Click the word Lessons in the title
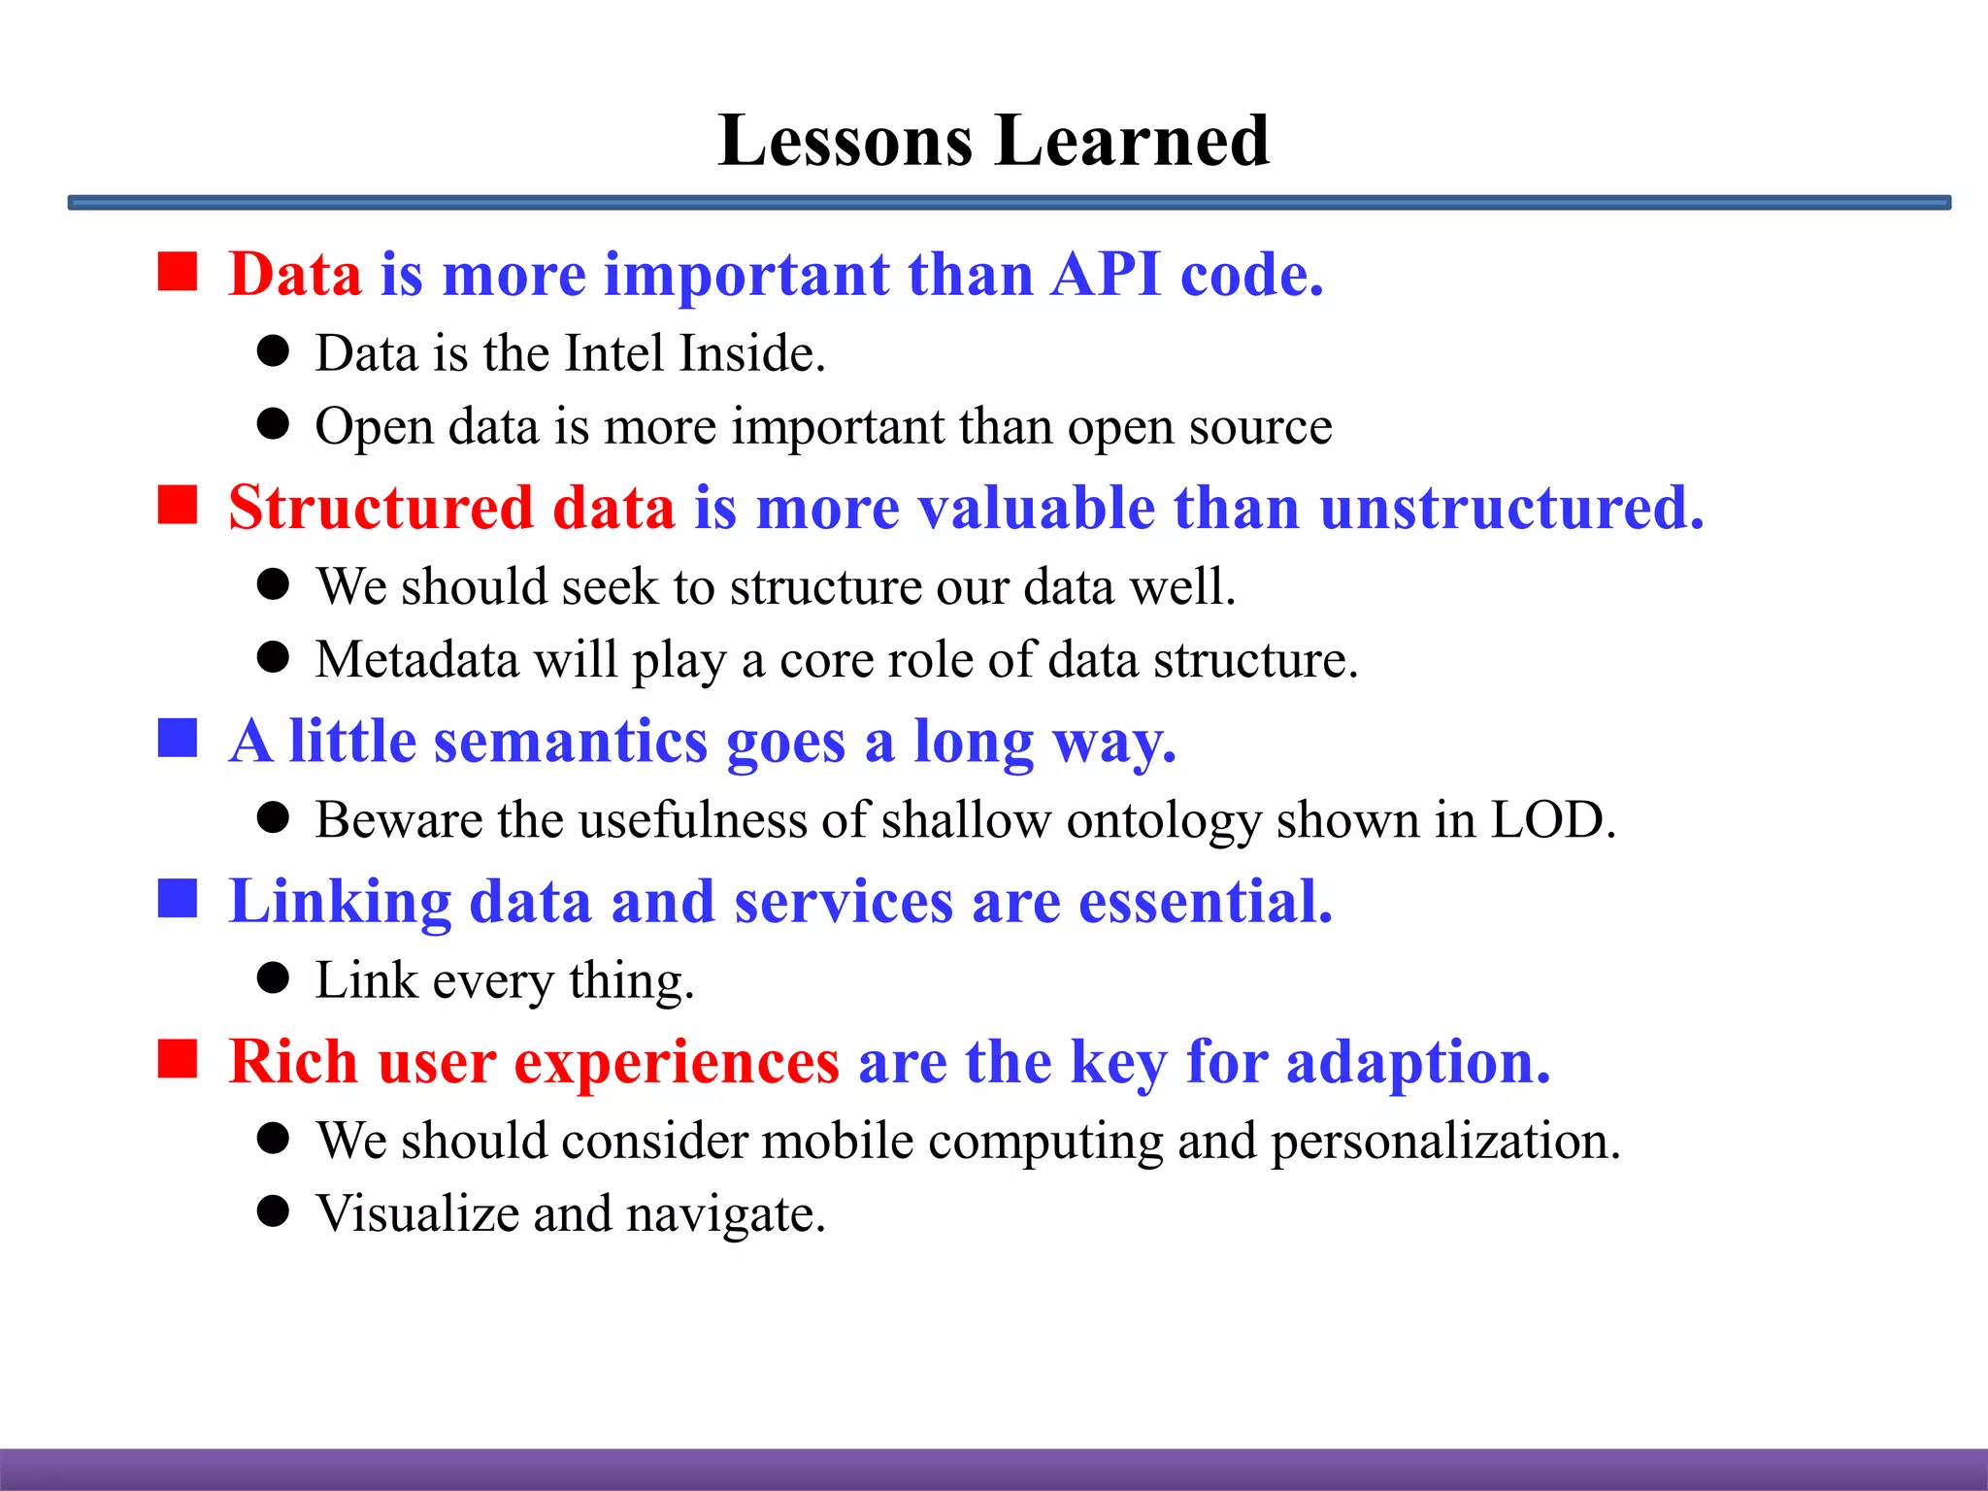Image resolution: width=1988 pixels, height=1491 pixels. pyautogui.click(x=845, y=142)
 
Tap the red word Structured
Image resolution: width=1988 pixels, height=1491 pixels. pyautogui.click(x=381, y=508)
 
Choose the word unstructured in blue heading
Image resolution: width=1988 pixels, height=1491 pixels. pyautogui.click(x=1510, y=508)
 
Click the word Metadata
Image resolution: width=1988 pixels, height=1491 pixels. pyautogui.click(x=417, y=660)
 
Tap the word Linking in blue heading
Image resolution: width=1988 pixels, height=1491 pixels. pyautogui.click(x=340, y=902)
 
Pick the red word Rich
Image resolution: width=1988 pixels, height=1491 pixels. pyautogui.click(x=293, y=1062)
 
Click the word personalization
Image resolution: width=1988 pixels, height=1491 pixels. pyautogui.click(x=1445, y=1142)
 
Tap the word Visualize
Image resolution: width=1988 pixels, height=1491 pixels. pyautogui.click(x=417, y=1214)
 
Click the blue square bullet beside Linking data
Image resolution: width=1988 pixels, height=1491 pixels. pyautogui.click(x=178, y=899)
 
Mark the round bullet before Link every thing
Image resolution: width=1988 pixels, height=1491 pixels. pyautogui.click(x=273, y=978)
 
